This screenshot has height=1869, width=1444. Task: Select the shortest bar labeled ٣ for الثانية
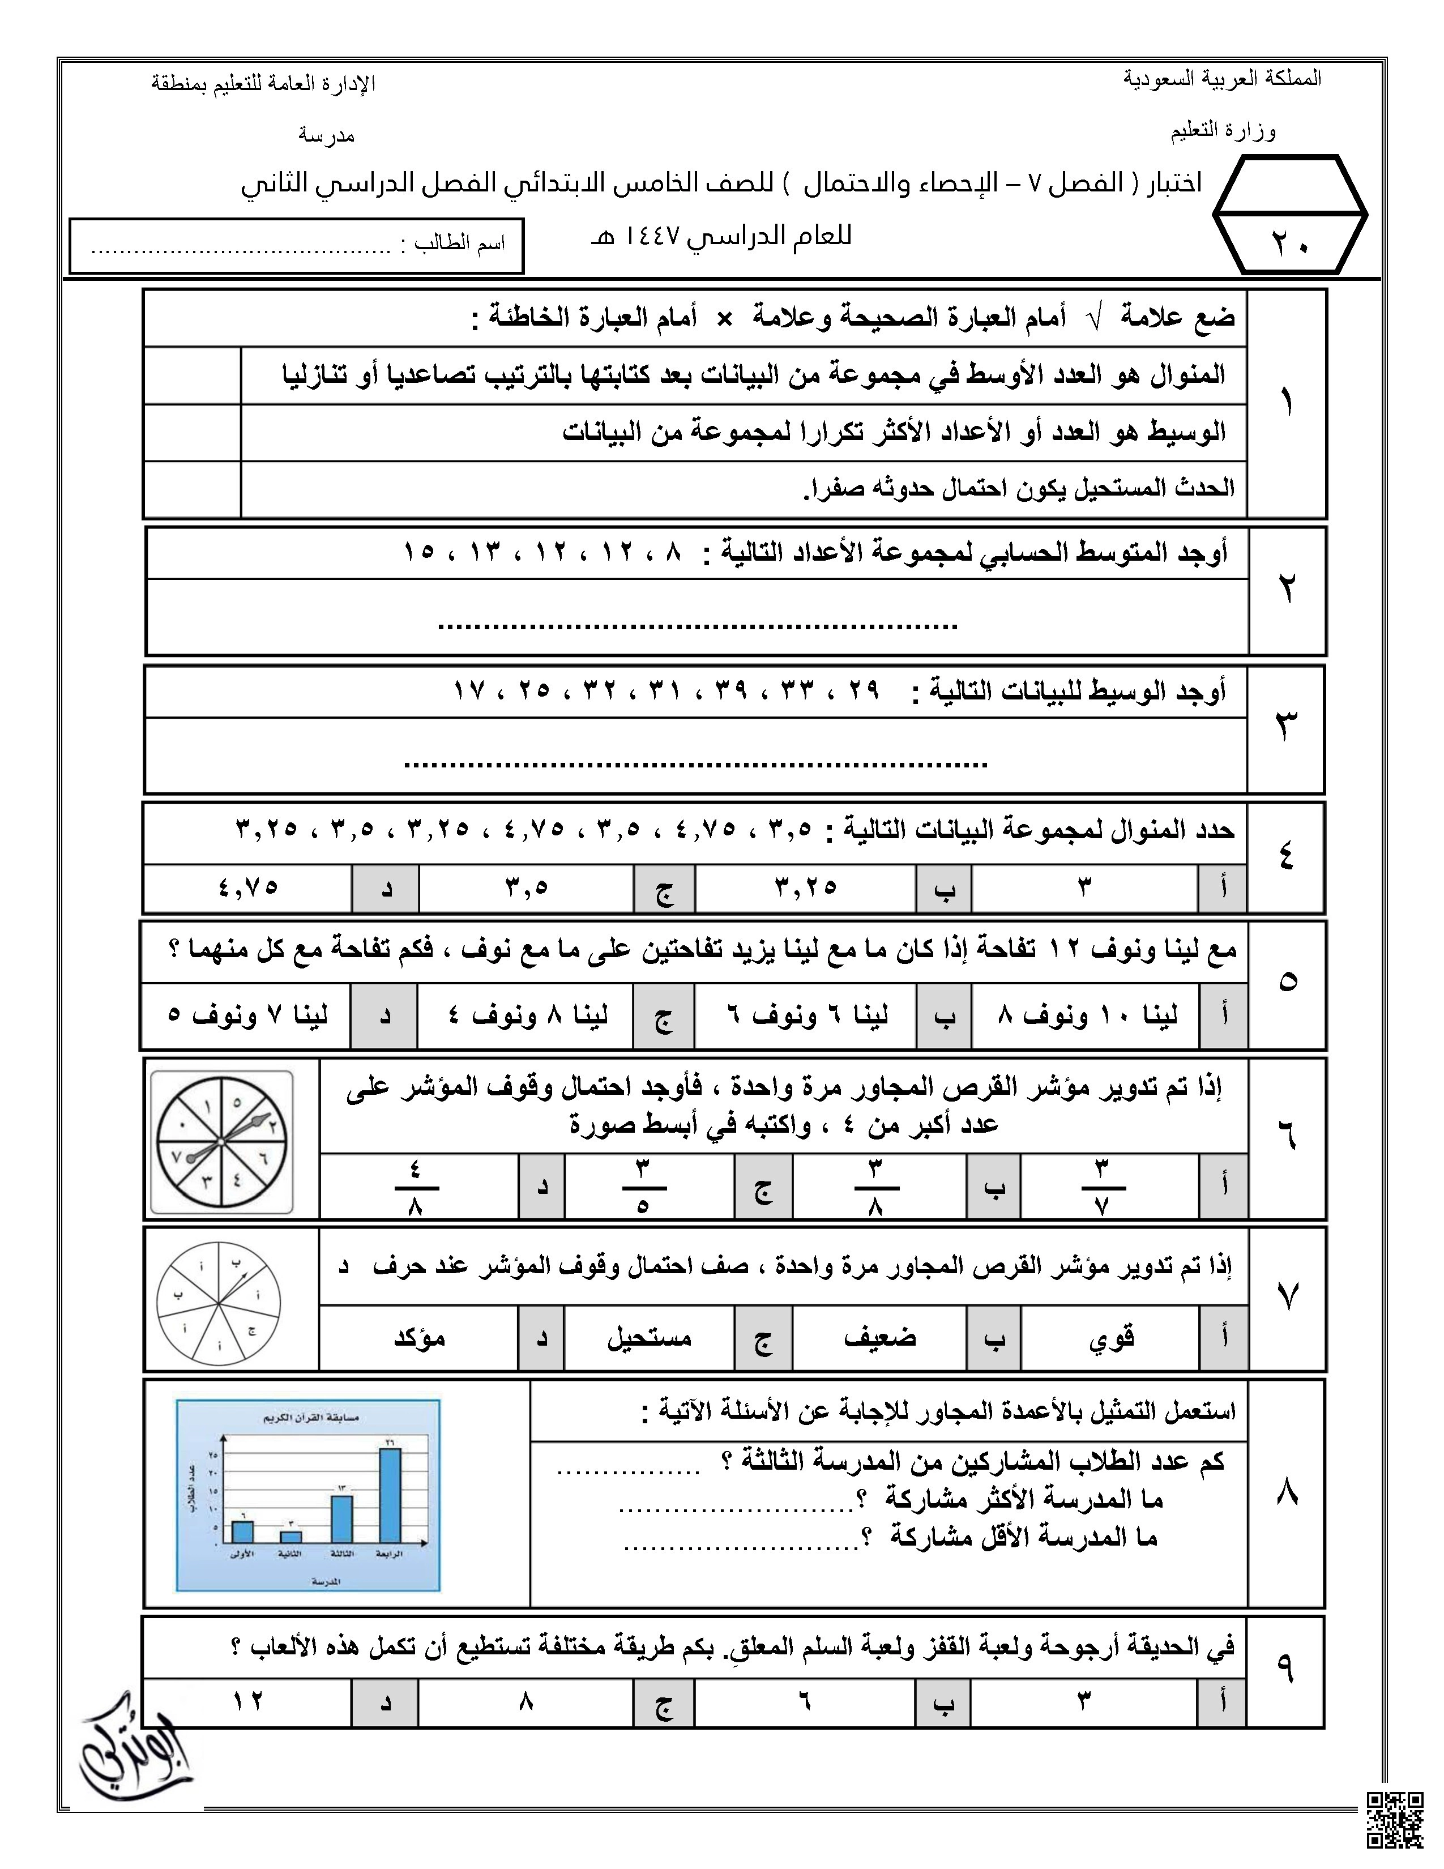(291, 1537)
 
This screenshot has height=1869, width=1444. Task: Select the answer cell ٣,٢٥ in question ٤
(805, 887)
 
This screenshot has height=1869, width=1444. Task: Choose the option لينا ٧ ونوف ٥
(247, 1016)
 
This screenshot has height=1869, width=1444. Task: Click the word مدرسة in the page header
(326, 136)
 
